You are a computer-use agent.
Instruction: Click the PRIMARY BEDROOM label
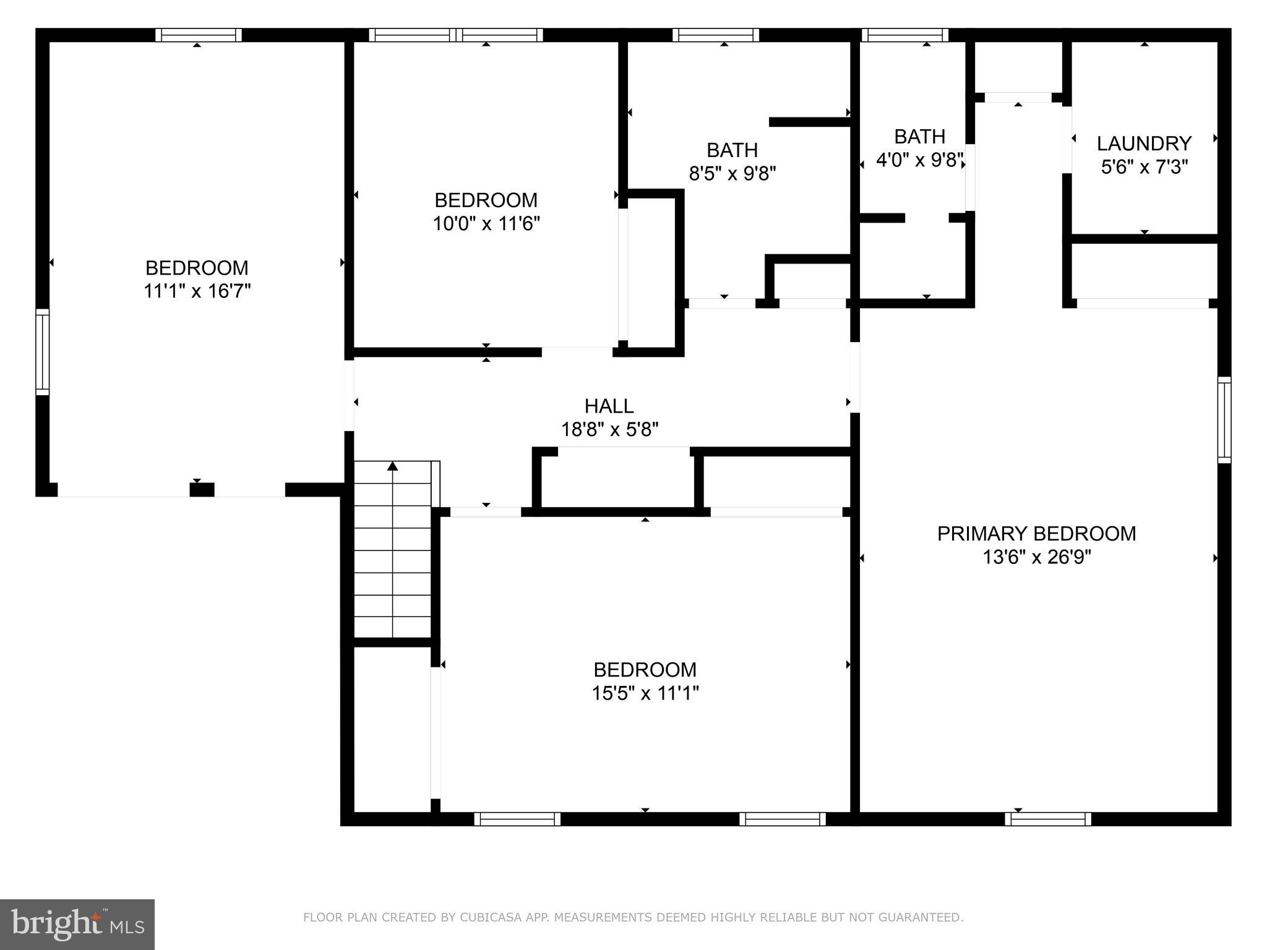click(1036, 534)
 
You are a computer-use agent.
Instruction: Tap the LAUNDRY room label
click(1144, 143)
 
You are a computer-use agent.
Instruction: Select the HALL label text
click(609, 406)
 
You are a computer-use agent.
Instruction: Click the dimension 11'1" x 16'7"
click(197, 291)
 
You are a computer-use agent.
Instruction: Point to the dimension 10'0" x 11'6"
click(486, 224)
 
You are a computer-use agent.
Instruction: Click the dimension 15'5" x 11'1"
click(645, 693)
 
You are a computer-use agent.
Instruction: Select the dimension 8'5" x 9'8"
click(732, 174)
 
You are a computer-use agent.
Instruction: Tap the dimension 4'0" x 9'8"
click(920, 160)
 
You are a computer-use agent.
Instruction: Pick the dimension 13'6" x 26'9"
click(1036, 558)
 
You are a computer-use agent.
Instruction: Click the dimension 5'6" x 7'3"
click(1144, 167)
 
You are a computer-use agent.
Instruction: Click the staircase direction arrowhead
click(392, 466)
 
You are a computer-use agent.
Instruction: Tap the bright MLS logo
click(77, 924)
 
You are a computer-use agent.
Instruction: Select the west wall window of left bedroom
click(42, 351)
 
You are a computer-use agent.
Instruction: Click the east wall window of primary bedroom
click(1224, 419)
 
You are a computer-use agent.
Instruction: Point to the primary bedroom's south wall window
click(1047, 819)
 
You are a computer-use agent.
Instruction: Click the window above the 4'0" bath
click(904, 35)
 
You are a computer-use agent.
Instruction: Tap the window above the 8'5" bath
click(716, 35)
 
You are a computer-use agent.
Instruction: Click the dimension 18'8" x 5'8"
click(609, 430)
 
